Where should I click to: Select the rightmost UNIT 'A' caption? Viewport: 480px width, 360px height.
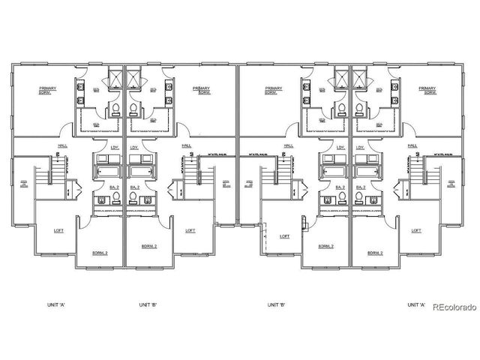click(416, 305)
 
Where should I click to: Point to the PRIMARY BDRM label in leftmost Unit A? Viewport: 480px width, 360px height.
click(49, 91)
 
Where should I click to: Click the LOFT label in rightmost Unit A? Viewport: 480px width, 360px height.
click(415, 230)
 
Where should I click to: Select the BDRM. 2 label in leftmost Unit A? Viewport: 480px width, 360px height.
click(100, 253)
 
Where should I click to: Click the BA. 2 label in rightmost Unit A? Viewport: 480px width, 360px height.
click(361, 187)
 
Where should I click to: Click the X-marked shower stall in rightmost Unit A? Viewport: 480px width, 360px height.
click(362, 78)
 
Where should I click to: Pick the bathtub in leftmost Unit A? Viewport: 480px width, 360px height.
click(107, 170)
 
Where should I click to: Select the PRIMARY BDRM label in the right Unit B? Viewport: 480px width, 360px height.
click(274, 91)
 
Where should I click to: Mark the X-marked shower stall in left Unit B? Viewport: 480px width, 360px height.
click(136, 78)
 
